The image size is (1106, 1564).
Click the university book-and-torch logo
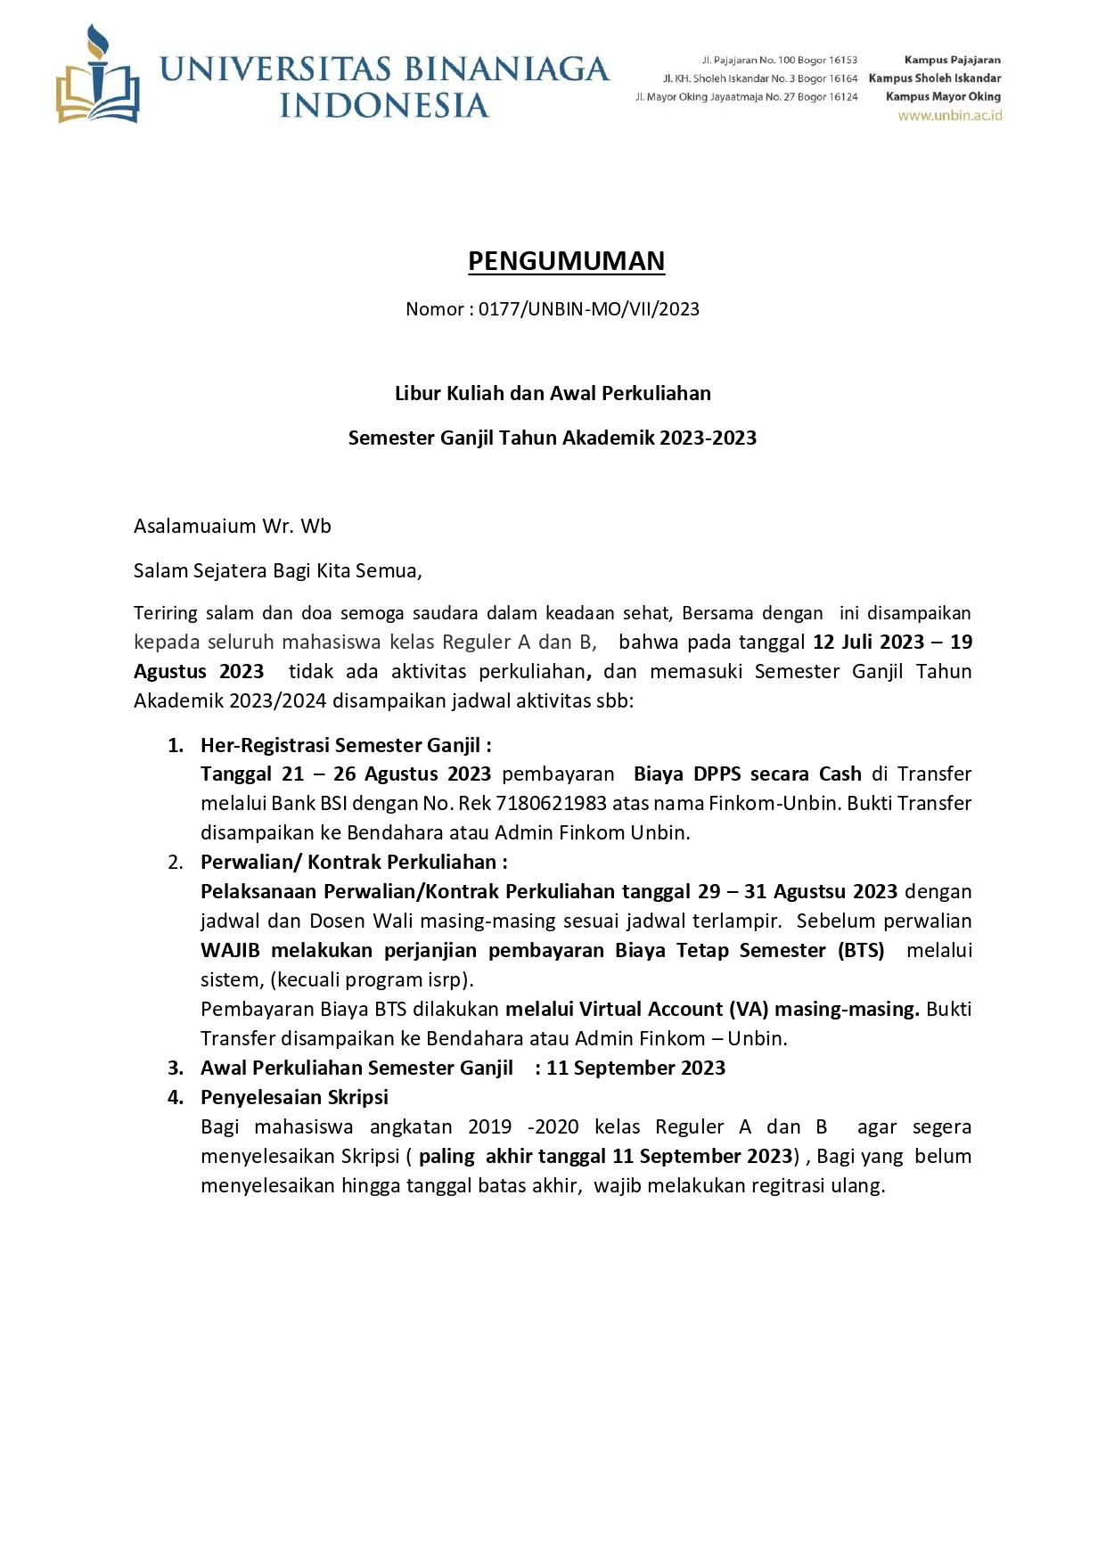click(97, 77)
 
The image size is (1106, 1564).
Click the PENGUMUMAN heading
click(566, 261)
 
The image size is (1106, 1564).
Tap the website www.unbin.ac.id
click(949, 116)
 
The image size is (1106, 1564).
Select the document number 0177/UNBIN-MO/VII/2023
click(588, 309)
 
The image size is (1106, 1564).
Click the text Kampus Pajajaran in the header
click(952, 60)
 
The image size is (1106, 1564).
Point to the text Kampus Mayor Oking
click(943, 96)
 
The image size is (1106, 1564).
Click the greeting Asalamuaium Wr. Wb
click(233, 526)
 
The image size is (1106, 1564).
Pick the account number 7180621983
click(551, 803)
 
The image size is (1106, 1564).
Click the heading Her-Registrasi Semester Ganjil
click(345, 745)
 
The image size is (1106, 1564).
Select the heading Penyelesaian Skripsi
click(294, 1097)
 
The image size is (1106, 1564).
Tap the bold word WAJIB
click(230, 950)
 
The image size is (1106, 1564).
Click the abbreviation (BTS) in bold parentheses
click(861, 950)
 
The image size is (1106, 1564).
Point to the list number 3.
click(176, 1068)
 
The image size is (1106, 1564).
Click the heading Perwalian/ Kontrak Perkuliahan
click(353, 862)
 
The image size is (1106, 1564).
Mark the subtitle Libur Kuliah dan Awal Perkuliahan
click(553, 393)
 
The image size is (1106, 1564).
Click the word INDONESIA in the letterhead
click(384, 105)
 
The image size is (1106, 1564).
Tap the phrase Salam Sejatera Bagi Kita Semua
click(277, 570)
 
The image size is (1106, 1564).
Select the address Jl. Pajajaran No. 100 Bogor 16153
click(779, 60)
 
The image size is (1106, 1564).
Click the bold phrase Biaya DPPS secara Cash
click(747, 774)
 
